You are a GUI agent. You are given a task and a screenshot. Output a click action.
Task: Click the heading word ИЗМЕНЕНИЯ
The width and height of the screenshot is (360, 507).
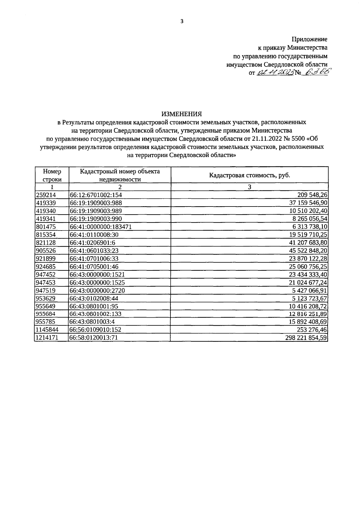tap(181, 114)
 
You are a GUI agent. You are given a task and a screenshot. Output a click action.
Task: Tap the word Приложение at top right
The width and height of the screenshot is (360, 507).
tap(310, 39)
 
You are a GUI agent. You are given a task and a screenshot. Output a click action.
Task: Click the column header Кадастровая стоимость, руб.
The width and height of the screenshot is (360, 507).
tap(249, 175)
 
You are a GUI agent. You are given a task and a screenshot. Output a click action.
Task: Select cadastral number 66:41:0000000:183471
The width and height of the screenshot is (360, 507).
tap(100, 227)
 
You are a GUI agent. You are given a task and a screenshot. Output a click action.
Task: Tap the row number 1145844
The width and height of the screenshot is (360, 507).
tap(47, 330)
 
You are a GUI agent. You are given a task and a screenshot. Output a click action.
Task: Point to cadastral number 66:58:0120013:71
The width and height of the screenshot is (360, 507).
tap(93, 338)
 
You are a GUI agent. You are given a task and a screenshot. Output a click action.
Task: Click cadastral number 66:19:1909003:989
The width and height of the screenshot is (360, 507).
tap(96, 211)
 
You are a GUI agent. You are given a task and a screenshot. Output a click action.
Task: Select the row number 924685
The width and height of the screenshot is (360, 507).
tap(46, 267)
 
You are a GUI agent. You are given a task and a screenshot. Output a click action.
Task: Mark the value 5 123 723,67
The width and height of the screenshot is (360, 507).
tap(309, 298)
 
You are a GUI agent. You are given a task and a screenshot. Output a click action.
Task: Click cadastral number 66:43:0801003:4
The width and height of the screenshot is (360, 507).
tap(92, 322)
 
